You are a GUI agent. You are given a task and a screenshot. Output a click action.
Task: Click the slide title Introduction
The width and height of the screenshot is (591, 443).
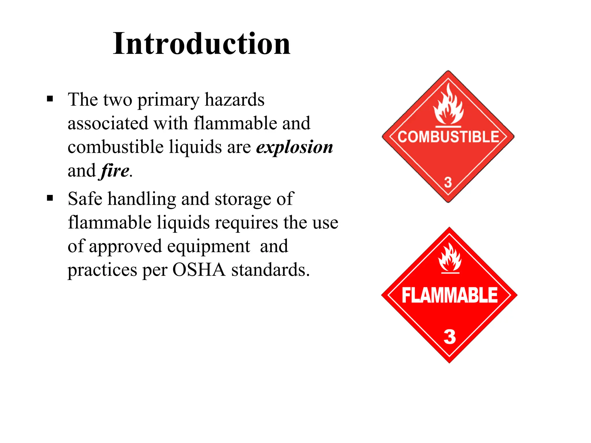pos(201,44)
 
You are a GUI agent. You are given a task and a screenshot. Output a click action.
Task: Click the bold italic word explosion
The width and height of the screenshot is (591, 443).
pos(295,147)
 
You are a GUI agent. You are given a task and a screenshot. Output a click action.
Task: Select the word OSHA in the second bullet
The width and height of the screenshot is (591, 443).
pos(199,270)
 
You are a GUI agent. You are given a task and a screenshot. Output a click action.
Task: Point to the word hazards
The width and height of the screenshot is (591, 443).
pos(234,100)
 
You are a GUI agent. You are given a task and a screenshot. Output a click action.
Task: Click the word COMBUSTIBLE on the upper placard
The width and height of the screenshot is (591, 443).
pos(448,137)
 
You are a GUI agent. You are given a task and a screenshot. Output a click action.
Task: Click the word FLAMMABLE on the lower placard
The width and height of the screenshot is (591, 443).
pos(449,295)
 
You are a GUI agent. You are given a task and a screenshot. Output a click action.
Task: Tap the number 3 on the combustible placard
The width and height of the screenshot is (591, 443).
pos(448,182)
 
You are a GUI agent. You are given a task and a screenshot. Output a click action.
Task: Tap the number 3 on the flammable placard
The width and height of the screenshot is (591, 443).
pos(450,337)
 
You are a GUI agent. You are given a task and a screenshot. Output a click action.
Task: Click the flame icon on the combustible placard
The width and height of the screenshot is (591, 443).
pos(448,106)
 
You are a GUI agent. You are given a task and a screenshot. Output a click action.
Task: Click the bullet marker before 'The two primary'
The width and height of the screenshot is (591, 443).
pos(50,99)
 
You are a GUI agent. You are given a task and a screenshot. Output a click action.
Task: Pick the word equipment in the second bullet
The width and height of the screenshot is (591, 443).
pos(208,247)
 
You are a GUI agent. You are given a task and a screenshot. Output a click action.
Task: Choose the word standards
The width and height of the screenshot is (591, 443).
pos(270,270)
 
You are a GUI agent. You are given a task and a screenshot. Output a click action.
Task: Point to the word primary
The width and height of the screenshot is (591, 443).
pos(168,100)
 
